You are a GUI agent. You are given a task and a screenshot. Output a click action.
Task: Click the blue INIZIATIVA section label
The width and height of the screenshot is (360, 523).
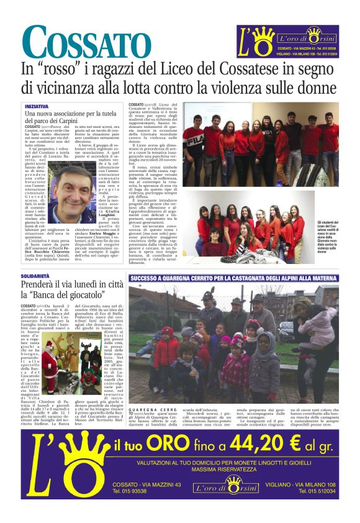point(37,107)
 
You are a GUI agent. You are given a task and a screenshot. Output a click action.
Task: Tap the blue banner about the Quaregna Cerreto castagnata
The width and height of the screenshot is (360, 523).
point(233,280)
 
